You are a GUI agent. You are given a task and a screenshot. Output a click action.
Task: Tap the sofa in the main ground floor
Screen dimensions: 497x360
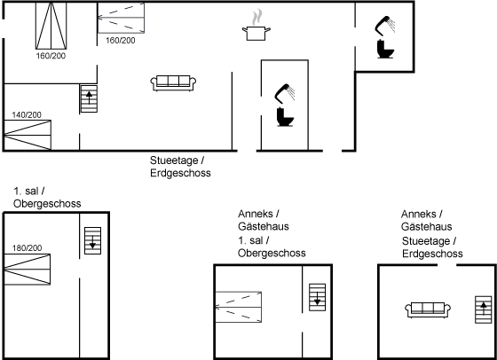click(x=173, y=83)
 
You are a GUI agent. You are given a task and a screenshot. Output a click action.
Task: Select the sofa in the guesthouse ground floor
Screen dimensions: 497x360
click(x=428, y=310)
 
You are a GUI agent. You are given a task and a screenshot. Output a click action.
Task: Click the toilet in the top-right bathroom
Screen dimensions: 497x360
click(x=385, y=49)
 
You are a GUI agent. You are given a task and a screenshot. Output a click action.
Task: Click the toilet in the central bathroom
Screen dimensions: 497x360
click(x=285, y=117)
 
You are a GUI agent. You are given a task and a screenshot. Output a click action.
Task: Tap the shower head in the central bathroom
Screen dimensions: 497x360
click(x=284, y=93)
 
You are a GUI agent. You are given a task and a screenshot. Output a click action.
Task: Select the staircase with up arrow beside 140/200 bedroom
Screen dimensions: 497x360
click(x=89, y=98)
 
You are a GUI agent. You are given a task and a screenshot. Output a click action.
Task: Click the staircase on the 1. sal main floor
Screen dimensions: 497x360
click(x=93, y=240)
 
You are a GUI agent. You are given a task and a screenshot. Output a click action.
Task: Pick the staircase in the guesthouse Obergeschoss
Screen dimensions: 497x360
click(x=318, y=297)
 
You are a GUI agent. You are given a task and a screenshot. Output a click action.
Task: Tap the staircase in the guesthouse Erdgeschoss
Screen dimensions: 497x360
click(x=484, y=309)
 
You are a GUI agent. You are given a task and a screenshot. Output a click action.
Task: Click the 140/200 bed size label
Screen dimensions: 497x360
click(x=27, y=115)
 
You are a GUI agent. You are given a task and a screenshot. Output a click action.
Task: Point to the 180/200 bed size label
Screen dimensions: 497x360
click(x=27, y=248)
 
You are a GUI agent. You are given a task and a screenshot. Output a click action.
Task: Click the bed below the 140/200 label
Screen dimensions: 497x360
click(x=28, y=135)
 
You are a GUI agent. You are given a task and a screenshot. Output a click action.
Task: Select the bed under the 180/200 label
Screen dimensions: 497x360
click(x=28, y=270)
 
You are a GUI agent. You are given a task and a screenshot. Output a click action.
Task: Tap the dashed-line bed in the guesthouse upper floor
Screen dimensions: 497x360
click(x=239, y=307)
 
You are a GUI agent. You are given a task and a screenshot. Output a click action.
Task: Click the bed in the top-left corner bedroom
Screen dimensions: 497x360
click(x=51, y=26)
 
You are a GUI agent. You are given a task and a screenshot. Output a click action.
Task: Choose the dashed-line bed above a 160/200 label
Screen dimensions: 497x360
click(x=121, y=18)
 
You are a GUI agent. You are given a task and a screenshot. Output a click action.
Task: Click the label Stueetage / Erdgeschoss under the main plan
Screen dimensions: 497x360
click(x=180, y=167)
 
